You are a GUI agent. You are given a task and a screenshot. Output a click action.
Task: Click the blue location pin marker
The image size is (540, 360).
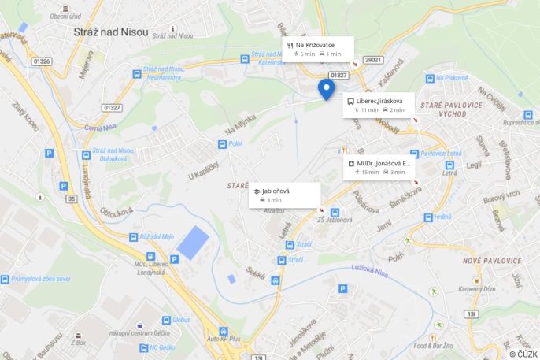coord(325,88)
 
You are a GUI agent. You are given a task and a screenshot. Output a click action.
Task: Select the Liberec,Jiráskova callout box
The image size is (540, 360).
coord(379,105)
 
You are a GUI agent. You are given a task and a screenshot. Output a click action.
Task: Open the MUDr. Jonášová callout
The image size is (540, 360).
coord(379,167)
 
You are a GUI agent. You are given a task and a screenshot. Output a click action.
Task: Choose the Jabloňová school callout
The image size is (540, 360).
coord(284,195)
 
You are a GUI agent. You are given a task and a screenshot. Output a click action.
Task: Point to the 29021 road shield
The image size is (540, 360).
coord(373,60)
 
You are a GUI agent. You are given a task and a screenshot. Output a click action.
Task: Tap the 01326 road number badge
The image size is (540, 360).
coord(42,61)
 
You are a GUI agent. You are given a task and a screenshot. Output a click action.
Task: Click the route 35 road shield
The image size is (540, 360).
coord(73,199)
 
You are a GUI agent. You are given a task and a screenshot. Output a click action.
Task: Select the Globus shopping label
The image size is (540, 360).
coord(181,320)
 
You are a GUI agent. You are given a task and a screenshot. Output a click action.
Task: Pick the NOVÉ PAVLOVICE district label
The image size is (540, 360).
coord(492,261)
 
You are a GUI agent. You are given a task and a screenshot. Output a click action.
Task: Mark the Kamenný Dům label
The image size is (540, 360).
coord(477,289)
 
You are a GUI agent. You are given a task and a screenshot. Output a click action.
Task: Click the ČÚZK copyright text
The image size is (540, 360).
coord(523,354)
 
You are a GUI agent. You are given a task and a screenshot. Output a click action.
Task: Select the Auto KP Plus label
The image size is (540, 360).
coord(223,339)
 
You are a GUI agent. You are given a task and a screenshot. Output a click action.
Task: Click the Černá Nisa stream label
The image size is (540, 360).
coord(102,127)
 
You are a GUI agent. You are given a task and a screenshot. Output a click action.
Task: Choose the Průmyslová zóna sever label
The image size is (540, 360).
coord(41,279)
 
